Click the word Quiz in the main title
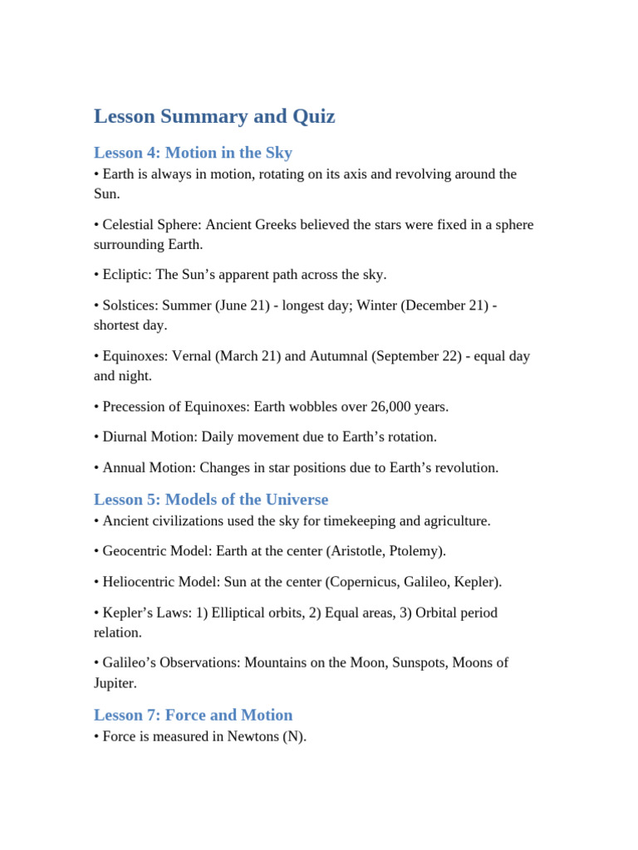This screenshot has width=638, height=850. point(314,116)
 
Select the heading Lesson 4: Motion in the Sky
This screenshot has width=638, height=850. point(193,153)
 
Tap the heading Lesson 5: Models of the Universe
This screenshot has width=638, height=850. point(211,499)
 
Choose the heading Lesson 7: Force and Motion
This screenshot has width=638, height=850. point(193,715)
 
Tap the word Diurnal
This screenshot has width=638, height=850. point(127,437)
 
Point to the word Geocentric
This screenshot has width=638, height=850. point(135,551)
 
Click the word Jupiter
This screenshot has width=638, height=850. point(114,683)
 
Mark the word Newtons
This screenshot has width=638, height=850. point(254,736)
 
